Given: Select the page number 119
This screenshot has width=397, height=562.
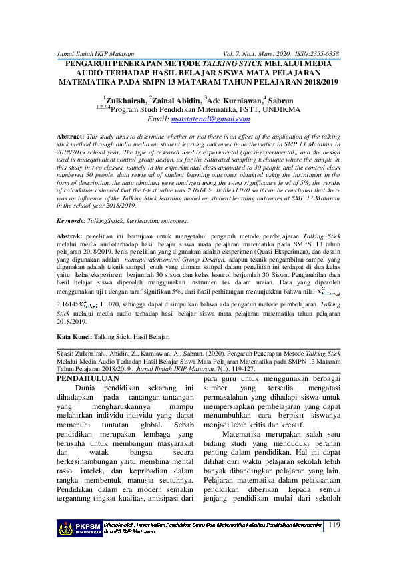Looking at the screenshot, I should click(334, 525).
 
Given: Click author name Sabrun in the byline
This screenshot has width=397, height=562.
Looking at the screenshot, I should click(288, 99).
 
